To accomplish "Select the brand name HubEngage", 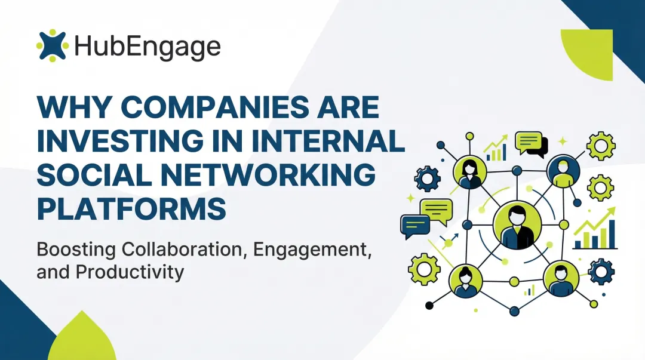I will click(x=147, y=46).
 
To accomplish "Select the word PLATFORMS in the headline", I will click(x=131, y=208).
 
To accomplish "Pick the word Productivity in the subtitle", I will click(x=130, y=272).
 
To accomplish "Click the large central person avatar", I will click(x=517, y=224).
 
